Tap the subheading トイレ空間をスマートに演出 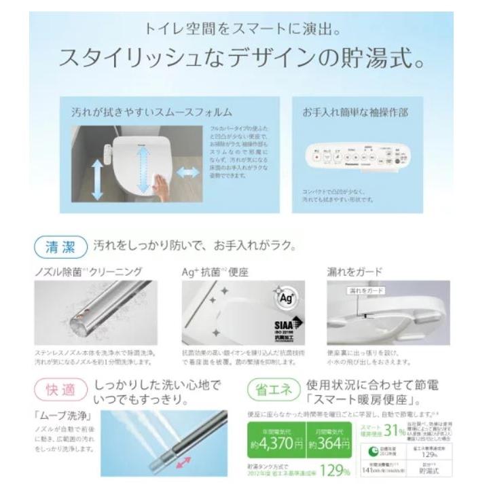245,31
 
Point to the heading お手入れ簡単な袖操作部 360,111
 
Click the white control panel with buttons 359,156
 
